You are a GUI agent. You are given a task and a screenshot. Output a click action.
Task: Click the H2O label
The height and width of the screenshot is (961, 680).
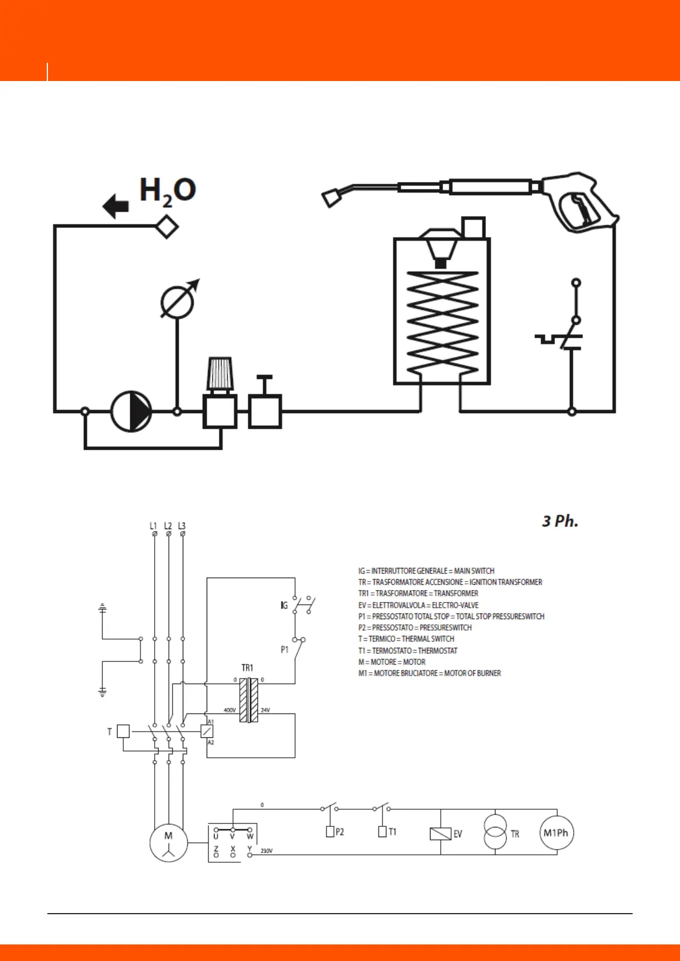pyautogui.click(x=167, y=191)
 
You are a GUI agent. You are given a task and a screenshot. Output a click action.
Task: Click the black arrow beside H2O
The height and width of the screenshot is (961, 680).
pyautogui.click(x=116, y=206)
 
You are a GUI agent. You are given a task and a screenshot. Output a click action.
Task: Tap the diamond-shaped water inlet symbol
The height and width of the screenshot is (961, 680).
pyautogui.click(x=167, y=227)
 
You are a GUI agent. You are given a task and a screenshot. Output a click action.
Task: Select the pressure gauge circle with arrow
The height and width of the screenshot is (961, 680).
pyautogui.click(x=178, y=301)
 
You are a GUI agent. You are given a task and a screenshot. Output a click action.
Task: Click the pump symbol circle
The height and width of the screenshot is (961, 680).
pyautogui.click(x=131, y=411)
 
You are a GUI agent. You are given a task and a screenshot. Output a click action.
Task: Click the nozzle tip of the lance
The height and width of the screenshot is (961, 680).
pyautogui.click(x=331, y=199)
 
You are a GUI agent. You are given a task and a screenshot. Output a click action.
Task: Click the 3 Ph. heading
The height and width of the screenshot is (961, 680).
pyautogui.click(x=560, y=521)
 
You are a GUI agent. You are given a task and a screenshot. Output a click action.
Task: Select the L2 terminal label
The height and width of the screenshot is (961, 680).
pyautogui.click(x=168, y=526)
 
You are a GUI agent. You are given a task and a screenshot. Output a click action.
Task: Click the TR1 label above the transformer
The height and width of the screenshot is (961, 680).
pyautogui.click(x=247, y=668)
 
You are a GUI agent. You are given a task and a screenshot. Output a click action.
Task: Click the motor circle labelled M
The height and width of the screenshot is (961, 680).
pyautogui.click(x=168, y=843)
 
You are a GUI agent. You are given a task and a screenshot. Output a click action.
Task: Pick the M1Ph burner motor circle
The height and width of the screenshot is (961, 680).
pyautogui.click(x=556, y=833)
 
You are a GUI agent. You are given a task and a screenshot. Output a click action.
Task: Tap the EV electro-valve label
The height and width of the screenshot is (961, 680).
pyautogui.click(x=457, y=834)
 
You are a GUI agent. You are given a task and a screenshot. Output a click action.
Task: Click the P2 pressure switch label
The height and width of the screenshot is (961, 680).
pyautogui.click(x=340, y=832)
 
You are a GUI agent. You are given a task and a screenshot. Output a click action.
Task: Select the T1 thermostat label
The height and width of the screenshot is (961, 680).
pyautogui.click(x=392, y=832)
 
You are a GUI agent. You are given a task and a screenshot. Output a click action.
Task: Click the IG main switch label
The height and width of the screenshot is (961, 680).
pyautogui.click(x=284, y=605)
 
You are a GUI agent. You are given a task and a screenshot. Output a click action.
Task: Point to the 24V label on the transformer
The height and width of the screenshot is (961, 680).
pyautogui.click(x=265, y=710)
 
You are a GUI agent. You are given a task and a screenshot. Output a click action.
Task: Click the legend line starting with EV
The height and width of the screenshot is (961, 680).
pyautogui.click(x=419, y=605)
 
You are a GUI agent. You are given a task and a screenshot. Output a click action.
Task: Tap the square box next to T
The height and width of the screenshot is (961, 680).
pyautogui.click(x=123, y=731)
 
